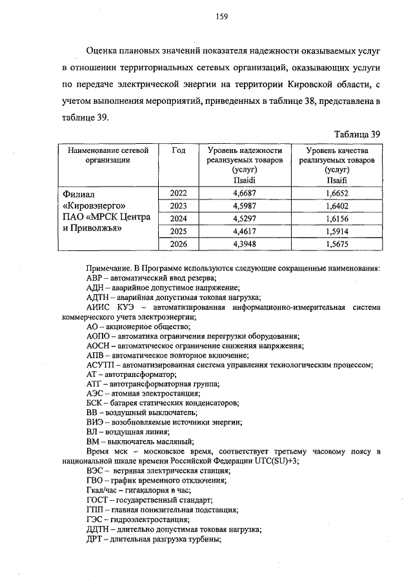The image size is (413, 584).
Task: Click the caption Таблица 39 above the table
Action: point(357,134)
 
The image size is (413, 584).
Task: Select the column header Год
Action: point(179,150)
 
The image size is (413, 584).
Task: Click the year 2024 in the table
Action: point(179,218)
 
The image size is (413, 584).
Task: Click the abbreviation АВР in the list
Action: point(96,277)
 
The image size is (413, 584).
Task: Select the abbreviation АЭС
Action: point(94,394)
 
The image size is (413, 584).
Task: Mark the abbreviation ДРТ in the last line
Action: point(95,539)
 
